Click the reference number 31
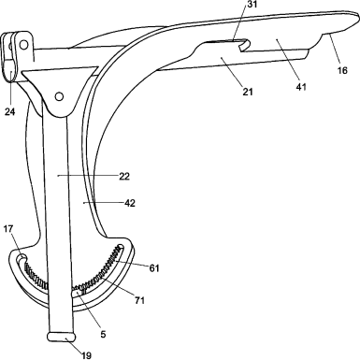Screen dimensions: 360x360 pos(252,5)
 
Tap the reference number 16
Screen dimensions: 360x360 pos(342,71)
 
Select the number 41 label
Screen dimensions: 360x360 pos(301,87)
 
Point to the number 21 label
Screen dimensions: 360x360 pos(248,92)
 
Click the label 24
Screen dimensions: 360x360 pos(9,111)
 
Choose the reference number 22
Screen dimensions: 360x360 pos(124,177)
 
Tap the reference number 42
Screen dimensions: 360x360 pos(130,203)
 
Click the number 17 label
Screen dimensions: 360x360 pos(8,229)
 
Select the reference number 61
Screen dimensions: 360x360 pos(154,268)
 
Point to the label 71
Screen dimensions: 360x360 pos(139,300)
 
